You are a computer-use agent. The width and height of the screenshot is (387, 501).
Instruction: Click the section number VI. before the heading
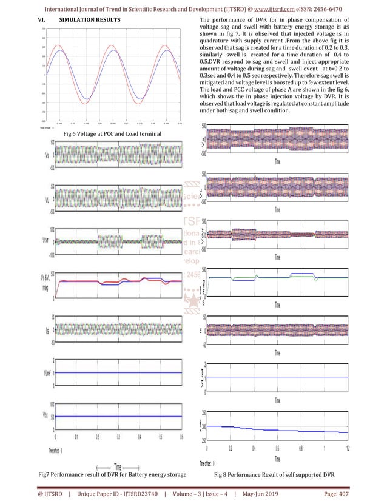coord(36,21)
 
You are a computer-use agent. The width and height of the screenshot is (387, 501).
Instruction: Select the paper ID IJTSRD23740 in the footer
coord(129,493)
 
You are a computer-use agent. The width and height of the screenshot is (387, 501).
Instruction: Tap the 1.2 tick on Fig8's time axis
coord(347,449)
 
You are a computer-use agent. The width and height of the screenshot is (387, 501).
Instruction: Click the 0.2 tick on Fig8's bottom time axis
coord(231,449)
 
